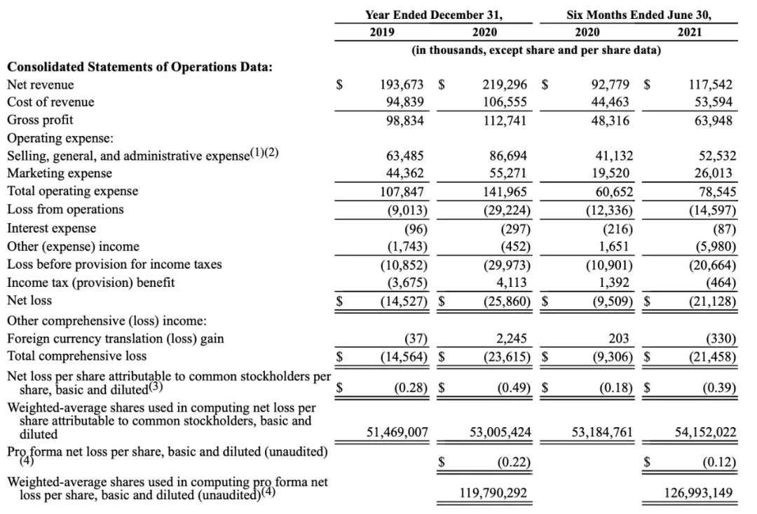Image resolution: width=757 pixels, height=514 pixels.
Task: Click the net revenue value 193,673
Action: pos(402,85)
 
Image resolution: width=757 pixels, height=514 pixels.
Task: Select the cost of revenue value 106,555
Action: pos(505,102)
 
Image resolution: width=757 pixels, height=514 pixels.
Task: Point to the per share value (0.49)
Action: pos(514,387)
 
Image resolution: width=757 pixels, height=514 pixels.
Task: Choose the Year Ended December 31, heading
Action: pos(434,14)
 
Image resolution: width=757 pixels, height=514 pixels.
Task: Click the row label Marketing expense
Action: pos(59,173)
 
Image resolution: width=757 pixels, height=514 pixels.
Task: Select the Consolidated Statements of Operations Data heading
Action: pos(139,67)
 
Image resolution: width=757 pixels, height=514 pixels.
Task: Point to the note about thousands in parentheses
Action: pos(536,50)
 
